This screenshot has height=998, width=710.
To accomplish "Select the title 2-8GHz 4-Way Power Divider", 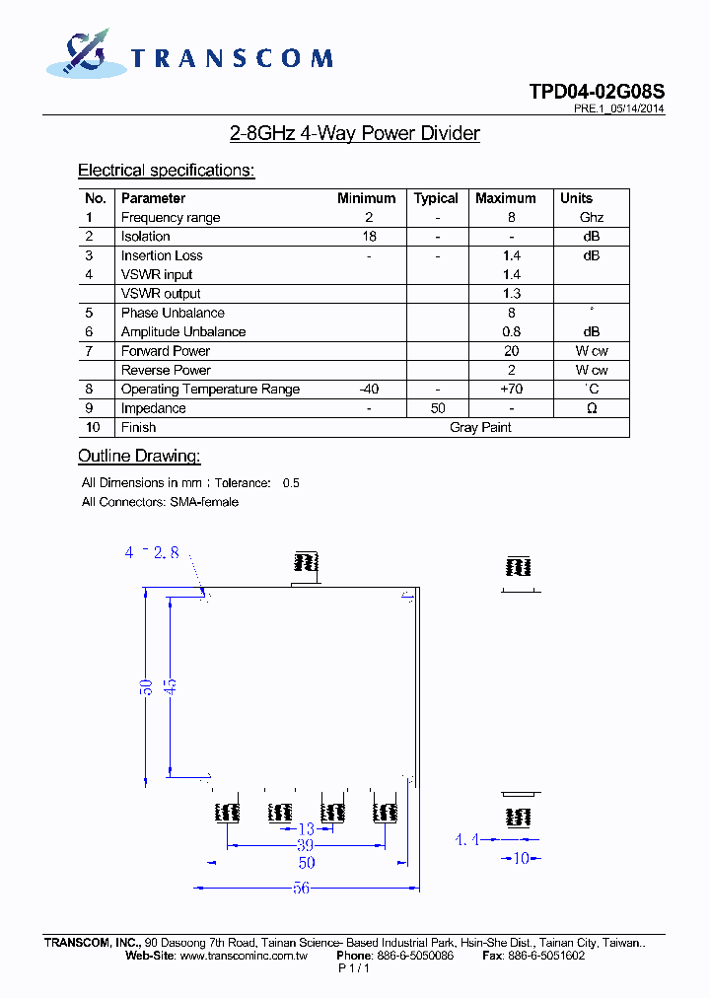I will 354,133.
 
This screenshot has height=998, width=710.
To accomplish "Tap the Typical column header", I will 436,198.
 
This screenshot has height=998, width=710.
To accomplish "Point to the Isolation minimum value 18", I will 369,237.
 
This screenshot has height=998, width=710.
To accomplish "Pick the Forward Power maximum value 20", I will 511,351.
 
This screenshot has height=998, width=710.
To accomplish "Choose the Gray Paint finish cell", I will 480,427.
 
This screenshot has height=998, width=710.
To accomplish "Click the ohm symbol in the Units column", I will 592,408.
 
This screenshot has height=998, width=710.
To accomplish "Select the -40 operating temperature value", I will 369,390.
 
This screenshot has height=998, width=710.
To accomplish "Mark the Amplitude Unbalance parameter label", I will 183,332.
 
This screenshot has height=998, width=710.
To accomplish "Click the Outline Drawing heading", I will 139,456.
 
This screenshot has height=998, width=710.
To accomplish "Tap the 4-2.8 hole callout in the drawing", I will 152,553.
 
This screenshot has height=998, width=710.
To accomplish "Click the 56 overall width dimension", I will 302,888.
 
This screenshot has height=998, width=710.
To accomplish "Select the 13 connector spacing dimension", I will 306,829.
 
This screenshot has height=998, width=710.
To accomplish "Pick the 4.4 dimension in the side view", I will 466,840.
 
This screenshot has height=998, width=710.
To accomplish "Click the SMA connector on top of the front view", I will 306,564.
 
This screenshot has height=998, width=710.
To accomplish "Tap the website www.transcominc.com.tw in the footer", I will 244,956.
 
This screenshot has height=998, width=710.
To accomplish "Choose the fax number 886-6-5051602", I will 545,956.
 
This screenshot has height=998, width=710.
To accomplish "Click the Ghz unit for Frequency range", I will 592,218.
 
